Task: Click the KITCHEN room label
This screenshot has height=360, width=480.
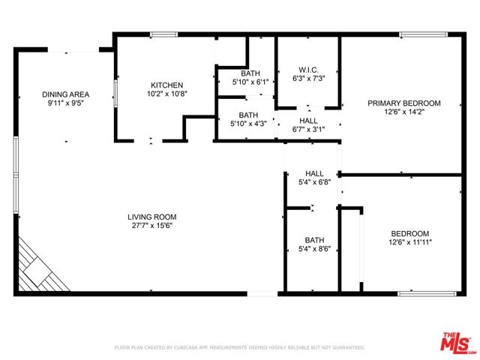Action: tap(166, 85)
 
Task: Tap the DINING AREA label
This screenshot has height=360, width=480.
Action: tap(65, 94)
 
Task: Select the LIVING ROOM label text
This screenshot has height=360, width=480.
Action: tap(152, 217)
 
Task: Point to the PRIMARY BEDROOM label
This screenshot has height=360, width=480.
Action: tap(404, 103)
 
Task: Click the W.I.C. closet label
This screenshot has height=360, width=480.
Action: tap(308, 70)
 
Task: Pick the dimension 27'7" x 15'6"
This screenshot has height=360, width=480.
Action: tap(152, 226)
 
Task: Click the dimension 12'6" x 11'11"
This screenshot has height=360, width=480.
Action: tap(410, 242)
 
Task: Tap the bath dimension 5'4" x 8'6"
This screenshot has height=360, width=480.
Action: tap(315, 249)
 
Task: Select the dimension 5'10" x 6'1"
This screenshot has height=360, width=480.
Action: tap(250, 82)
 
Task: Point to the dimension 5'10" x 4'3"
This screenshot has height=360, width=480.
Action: tap(248, 124)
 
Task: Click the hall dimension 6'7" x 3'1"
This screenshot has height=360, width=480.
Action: tap(308, 130)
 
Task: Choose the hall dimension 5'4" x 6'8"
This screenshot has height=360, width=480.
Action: tap(315, 182)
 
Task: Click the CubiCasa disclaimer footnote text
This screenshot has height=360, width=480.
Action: tap(240, 347)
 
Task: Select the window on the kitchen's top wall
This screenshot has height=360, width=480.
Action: tap(163, 34)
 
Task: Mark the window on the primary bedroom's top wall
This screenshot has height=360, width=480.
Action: tap(424, 34)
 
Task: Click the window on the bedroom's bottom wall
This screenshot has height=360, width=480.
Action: tap(427, 294)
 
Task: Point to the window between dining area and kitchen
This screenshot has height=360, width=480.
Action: tap(115, 93)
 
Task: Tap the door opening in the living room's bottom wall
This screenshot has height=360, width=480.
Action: tap(262, 294)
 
